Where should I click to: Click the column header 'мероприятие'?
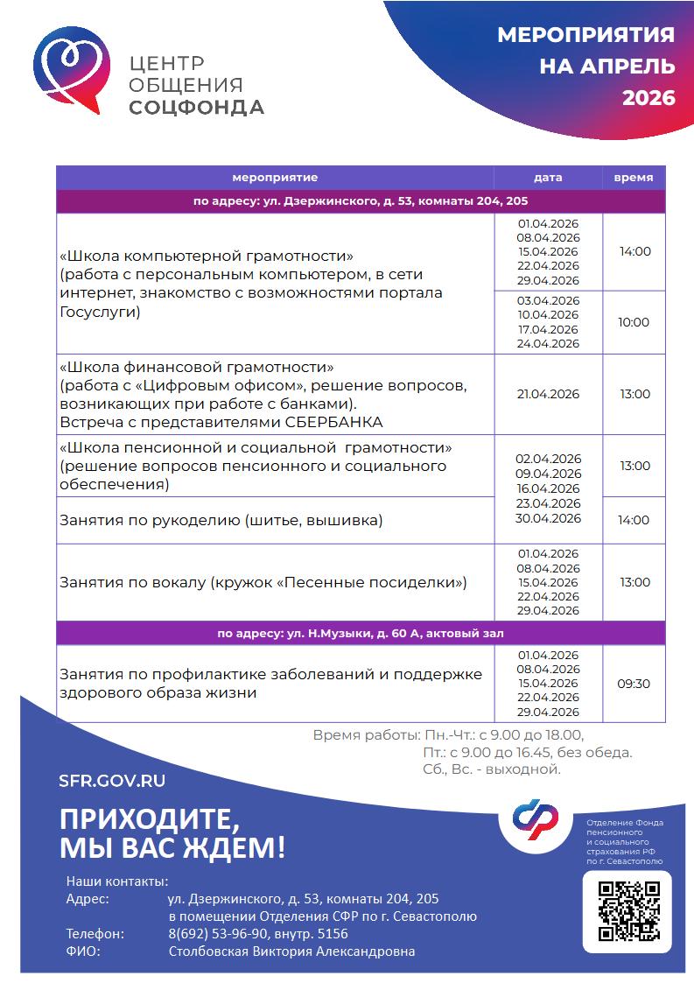[275, 178]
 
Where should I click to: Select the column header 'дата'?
[548, 178]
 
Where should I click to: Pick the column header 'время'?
[633, 178]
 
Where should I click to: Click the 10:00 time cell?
[634, 322]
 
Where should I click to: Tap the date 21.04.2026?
[548, 394]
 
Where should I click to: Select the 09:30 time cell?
[634, 684]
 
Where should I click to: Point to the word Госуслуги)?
[100, 311]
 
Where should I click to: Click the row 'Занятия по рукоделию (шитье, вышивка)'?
[221, 521]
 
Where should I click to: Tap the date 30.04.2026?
[548, 518]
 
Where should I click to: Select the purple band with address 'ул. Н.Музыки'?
[361, 633]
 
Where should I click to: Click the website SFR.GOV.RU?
[112, 781]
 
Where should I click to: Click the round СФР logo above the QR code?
[536, 818]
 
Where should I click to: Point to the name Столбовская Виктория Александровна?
[291, 951]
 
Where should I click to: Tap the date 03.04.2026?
[548, 300]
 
